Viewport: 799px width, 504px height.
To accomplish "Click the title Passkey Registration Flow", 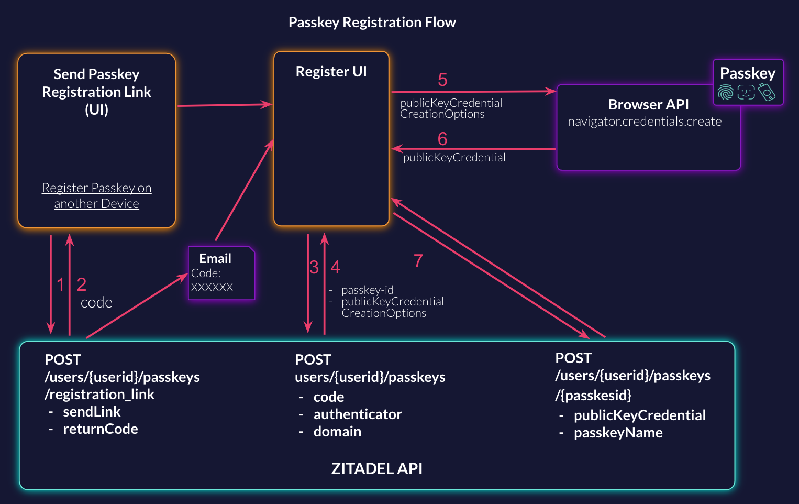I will (x=372, y=23).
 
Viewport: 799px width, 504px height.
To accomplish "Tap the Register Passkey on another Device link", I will (x=97, y=195).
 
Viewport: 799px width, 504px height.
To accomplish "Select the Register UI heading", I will (x=331, y=72).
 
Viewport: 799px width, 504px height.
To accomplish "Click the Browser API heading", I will (x=648, y=105).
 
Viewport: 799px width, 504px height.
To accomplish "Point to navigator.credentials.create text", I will (x=645, y=122).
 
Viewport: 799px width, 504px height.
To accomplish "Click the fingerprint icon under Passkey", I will (x=726, y=93).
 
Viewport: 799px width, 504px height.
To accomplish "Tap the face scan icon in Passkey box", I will (x=746, y=93).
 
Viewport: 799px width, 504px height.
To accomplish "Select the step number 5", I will (x=442, y=80).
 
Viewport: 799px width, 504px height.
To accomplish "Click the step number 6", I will (x=442, y=139).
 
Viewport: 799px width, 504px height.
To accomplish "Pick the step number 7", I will (x=418, y=261).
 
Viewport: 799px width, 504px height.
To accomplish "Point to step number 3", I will (x=314, y=268).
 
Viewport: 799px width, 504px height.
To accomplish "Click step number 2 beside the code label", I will (x=82, y=284).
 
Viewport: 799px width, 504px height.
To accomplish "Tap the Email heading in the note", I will (x=215, y=258).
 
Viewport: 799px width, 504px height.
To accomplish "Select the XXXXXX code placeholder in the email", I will (x=212, y=287).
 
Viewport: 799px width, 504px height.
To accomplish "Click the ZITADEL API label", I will (x=376, y=468).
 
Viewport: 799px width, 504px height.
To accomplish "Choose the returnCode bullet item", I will (x=101, y=429).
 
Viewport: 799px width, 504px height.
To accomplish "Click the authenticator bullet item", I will (x=358, y=414).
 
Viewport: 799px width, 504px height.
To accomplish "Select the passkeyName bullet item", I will (x=618, y=433).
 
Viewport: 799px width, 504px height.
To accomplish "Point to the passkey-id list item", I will (x=367, y=290).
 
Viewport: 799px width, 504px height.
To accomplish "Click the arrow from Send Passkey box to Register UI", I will (x=225, y=105).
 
